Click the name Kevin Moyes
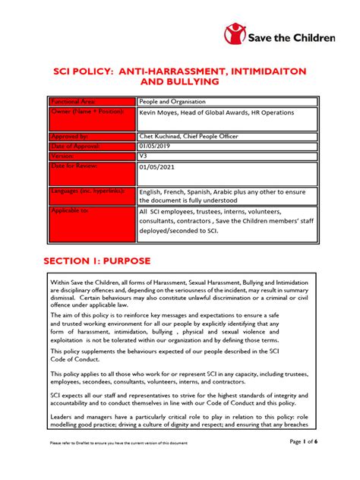(x=164, y=112)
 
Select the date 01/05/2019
(x=156, y=145)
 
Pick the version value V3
(x=144, y=156)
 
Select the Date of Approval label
(x=76, y=145)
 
